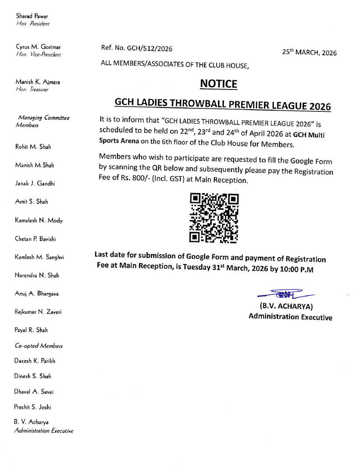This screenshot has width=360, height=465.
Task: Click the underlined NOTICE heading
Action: click(x=218, y=83)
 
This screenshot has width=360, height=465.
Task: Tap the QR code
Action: click(x=214, y=218)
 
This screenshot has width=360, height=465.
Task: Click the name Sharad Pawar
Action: click(x=32, y=16)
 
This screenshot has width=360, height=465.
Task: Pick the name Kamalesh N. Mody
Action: click(x=39, y=220)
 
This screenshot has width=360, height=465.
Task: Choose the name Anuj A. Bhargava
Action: click(x=37, y=293)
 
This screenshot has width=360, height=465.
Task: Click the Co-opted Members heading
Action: click(x=39, y=346)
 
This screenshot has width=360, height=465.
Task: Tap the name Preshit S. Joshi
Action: click(x=32, y=407)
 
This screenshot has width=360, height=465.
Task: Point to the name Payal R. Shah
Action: click(x=31, y=330)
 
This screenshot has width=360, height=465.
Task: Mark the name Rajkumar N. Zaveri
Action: click(x=38, y=312)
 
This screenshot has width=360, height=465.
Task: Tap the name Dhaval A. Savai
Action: click(x=34, y=391)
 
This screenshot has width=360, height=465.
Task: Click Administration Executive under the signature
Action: click(x=290, y=317)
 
